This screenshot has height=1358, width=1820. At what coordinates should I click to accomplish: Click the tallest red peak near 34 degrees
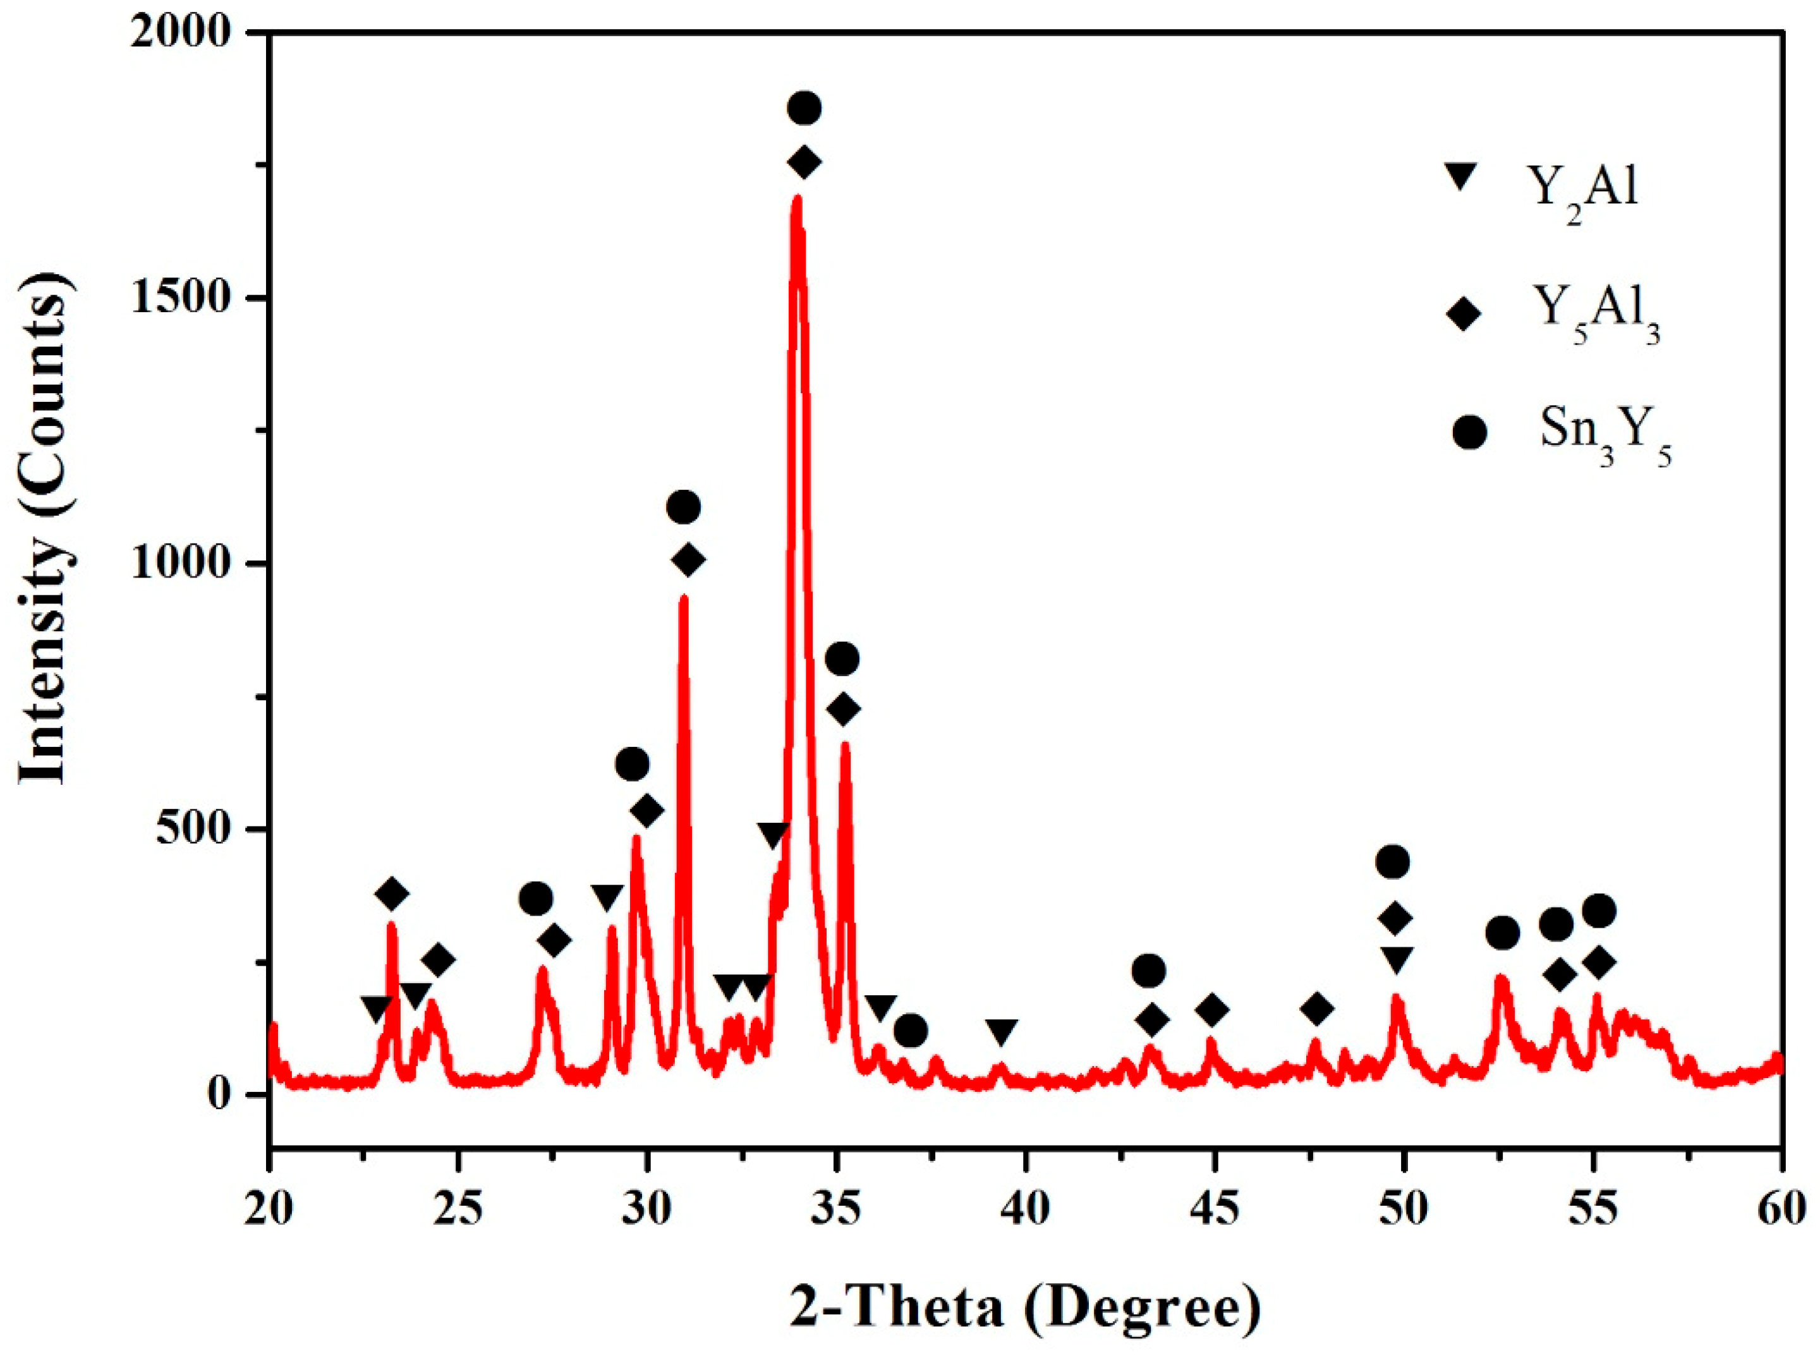click(795, 199)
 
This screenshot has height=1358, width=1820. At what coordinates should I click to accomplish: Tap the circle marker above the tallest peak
click(803, 107)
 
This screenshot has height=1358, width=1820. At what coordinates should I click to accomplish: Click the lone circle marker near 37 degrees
click(910, 1030)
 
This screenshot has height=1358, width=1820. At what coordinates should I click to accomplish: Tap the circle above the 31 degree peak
click(683, 507)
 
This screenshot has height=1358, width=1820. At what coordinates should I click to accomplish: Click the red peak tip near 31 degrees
click(683, 598)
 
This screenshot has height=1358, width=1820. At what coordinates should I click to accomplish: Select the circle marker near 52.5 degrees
click(1502, 933)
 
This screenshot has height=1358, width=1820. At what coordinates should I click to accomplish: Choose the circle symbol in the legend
click(1469, 432)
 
